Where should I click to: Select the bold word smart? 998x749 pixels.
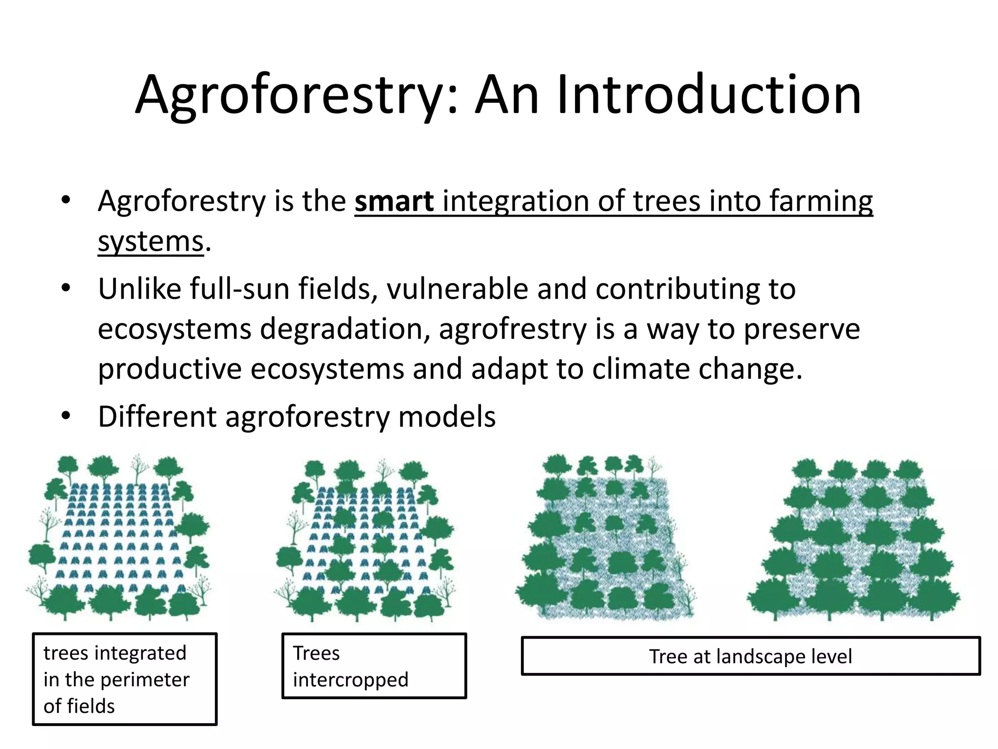(x=394, y=201)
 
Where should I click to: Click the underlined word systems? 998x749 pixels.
(x=150, y=241)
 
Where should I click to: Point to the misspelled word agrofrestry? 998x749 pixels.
(x=513, y=329)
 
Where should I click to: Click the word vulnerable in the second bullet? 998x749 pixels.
(x=457, y=289)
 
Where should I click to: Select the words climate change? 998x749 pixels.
(x=697, y=369)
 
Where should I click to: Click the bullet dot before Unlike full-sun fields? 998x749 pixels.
(x=66, y=288)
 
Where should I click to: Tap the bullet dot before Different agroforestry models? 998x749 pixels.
(x=66, y=416)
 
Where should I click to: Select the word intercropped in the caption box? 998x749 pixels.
(x=350, y=680)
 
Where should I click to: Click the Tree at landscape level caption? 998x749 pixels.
(x=750, y=656)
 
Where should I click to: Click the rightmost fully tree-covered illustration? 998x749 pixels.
(x=854, y=539)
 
